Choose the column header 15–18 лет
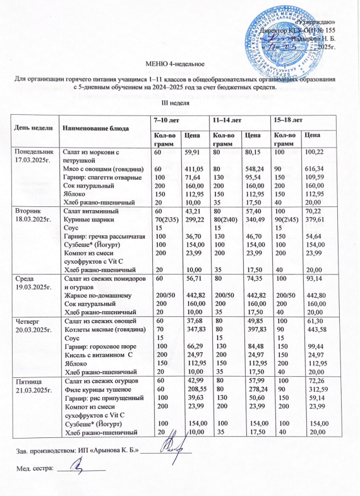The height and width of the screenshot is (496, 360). tap(285, 119)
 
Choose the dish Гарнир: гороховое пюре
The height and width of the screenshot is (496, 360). tap(96, 337)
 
